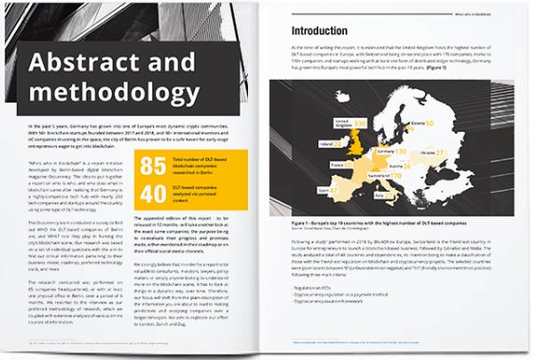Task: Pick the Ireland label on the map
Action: [326, 143]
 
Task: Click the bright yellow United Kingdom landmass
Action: [355, 142]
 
